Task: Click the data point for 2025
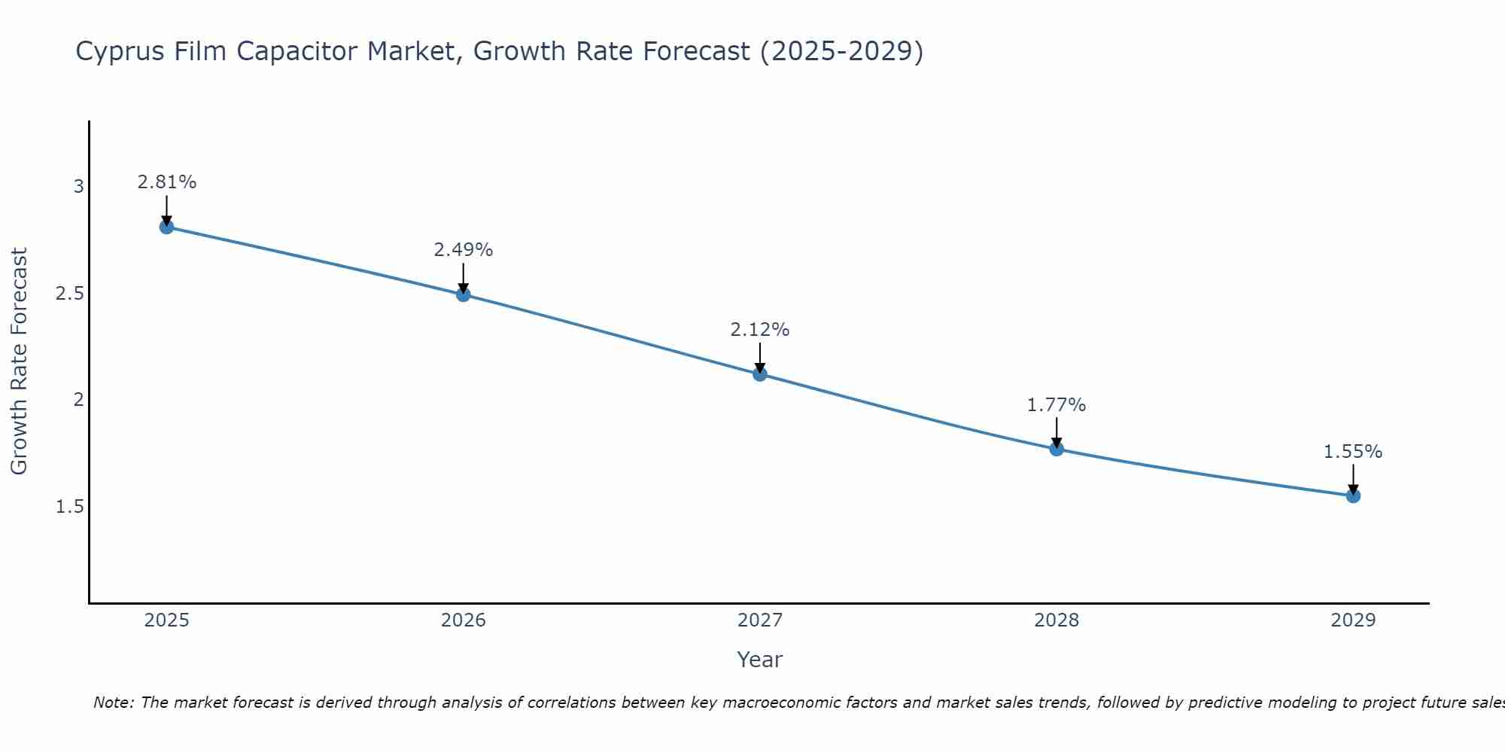click(x=167, y=227)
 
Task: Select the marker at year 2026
click(x=464, y=294)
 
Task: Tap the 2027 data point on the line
click(x=760, y=373)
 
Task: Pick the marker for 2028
click(x=1057, y=449)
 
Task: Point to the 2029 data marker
click(x=1353, y=495)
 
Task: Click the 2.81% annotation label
click(x=167, y=182)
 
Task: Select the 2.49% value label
click(x=464, y=250)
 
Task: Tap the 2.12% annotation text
click(x=760, y=330)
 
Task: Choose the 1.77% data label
click(x=1057, y=405)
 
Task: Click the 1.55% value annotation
click(x=1353, y=452)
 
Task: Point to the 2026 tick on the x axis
click(x=464, y=620)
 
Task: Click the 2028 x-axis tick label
click(x=1057, y=620)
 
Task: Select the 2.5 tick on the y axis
click(x=69, y=294)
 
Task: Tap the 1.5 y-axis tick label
click(x=69, y=507)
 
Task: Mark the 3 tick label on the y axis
click(x=78, y=187)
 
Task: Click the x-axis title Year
click(x=760, y=660)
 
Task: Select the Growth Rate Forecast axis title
click(x=19, y=361)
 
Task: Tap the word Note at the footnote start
click(x=113, y=703)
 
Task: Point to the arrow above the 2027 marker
click(x=760, y=357)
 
